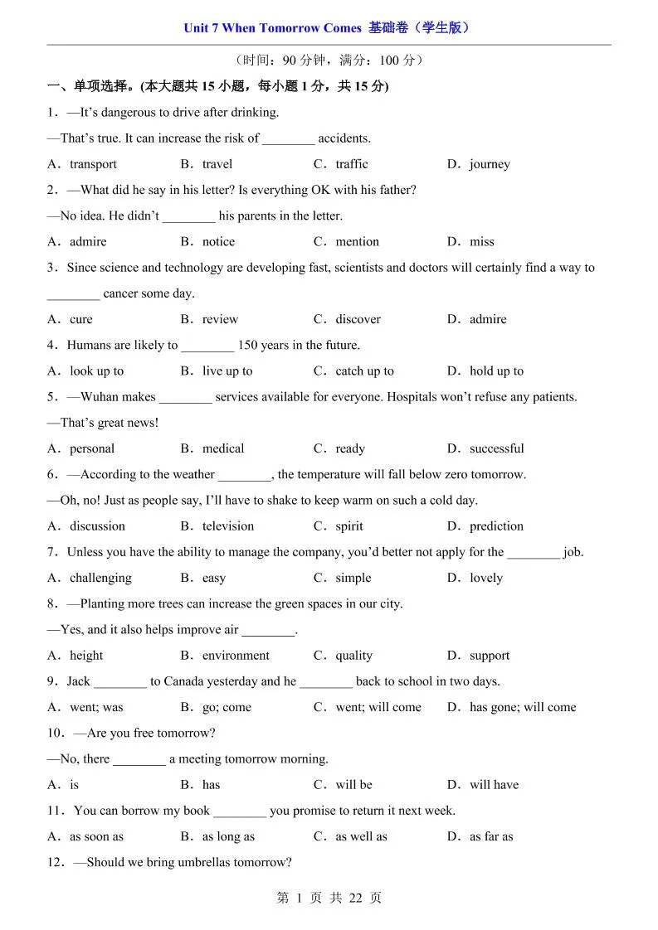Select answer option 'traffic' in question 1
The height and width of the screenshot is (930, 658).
[x=351, y=164]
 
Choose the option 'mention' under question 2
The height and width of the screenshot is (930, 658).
[x=357, y=242]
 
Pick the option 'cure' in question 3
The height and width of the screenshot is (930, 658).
[x=81, y=319]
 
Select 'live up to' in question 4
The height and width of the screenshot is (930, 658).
[x=227, y=371]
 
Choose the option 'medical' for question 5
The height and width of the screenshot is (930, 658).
[x=223, y=448]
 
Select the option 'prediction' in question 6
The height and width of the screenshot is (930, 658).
[x=496, y=526]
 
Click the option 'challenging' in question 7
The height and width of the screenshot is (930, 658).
[x=100, y=578]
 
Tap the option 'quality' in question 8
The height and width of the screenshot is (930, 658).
[x=353, y=656]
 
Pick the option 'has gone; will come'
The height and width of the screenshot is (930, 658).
[x=522, y=707]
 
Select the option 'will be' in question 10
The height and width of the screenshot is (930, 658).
[x=353, y=785]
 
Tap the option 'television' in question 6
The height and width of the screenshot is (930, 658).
[x=228, y=526]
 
